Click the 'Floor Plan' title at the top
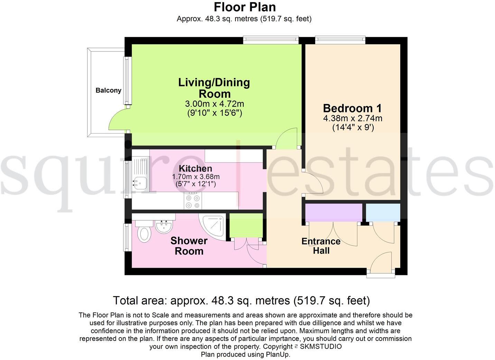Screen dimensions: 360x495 [x=244, y=7]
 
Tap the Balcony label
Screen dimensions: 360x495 [x=108, y=91]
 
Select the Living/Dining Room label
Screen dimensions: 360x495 [x=214, y=88]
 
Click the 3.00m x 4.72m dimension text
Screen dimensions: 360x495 [x=214, y=104]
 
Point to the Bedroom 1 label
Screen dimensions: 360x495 [x=352, y=108]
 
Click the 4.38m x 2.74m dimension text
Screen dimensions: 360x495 [x=353, y=119]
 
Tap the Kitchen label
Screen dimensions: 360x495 [x=195, y=169]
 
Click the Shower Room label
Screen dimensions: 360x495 [x=189, y=246]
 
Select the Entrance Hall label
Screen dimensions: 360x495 [x=321, y=246]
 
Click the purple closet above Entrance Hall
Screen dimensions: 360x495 [x=334, y=212]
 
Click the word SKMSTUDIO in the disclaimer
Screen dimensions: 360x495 [x=321, y=347]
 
